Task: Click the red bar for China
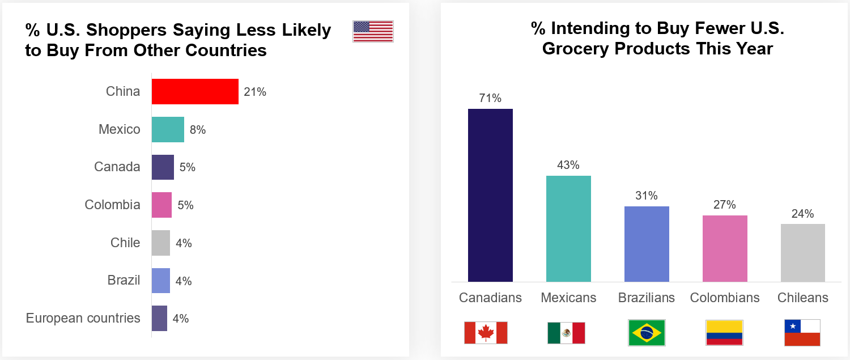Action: click(195, 92)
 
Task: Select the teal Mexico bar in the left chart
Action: click(168, 129)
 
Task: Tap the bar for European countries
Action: click(159, 318)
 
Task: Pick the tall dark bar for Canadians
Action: click(490, 195)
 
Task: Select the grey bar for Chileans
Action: click(802, 253)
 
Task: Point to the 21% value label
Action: click(255, 92)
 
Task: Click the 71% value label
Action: click(490, 98)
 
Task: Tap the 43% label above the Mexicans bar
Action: click(568, 165)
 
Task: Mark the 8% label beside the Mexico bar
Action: click(198, 130)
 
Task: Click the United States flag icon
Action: click(373, 31)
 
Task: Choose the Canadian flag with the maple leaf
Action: click(486, 333)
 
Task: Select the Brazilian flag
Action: click(647, 333)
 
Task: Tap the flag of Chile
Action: click(802, 333)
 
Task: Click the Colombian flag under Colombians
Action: click(724, 333)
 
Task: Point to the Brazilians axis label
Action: click(647, 298)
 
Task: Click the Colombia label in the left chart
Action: click(112, 205)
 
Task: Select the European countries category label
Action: click(83, 318)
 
